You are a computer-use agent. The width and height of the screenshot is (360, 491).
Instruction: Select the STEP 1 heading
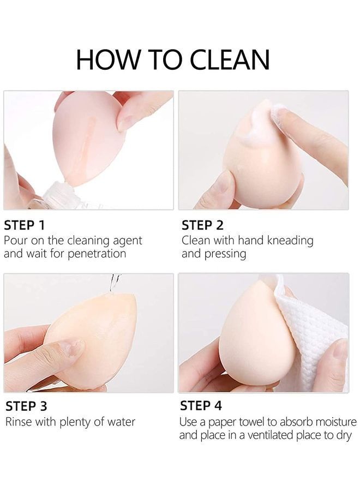25,225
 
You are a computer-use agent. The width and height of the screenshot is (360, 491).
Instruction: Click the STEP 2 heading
202,225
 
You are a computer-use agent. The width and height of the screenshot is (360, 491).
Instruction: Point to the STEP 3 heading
26,406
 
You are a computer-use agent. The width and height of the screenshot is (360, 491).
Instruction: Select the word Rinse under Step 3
19,422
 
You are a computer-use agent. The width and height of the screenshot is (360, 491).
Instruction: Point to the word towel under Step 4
260,422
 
